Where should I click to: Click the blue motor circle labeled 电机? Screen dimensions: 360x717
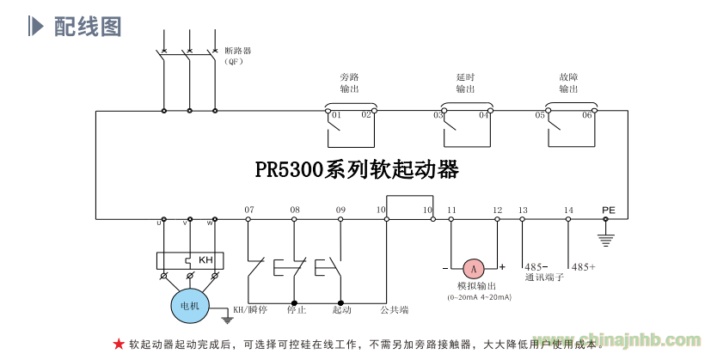click(188, 305)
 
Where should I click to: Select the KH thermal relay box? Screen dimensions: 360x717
click(190, 260)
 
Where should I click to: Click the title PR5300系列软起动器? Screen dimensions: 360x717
click(357, 169)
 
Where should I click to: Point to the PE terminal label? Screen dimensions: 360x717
click(609, 210)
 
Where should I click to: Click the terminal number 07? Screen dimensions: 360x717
click(249, 210)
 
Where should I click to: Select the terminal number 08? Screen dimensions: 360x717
click(295, 210)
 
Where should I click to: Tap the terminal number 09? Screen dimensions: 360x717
click(340, 210)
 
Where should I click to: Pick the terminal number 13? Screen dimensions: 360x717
click(523, 210)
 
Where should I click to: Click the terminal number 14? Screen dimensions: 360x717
click(568, 210)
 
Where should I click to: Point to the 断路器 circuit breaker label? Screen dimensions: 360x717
click(238, 51)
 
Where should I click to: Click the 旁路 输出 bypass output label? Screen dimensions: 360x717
click(349, 82)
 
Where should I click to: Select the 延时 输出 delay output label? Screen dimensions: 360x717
click(465, 82)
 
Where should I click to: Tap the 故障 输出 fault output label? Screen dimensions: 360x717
click(568, 82)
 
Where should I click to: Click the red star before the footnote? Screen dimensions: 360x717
click(119, 344)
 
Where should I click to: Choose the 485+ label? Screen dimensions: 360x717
click(584, 267)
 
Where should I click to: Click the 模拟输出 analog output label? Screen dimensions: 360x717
click(476, 285)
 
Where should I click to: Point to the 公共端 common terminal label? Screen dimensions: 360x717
click(394, 309)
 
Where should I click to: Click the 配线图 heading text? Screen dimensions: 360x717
click(88, 27)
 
